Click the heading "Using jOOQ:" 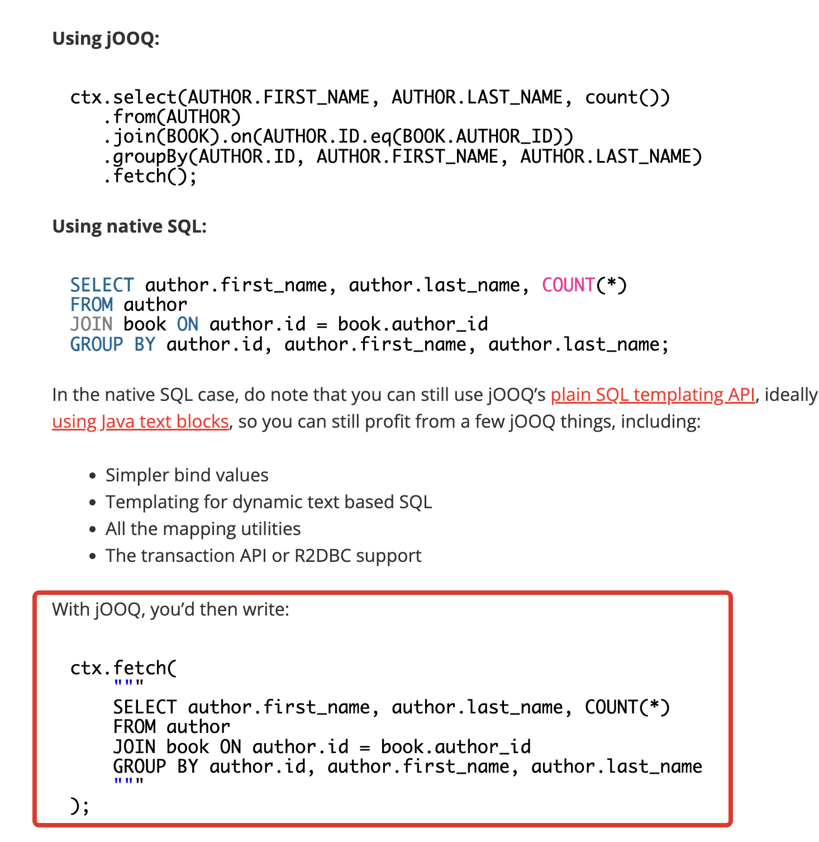[106, 39]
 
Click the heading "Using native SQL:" [129, 226]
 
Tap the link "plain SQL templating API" [653, 395]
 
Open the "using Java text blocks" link [140, 422]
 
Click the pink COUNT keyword [568, 285]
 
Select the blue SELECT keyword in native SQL [102, 285]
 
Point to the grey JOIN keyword [91, 324]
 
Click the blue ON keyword [188, 324]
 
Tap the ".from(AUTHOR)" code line [172, 117]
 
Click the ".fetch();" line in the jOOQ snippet [150, 177]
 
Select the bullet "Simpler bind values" [187, 475]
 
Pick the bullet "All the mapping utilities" [203, 529]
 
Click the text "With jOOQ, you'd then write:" [171, 609]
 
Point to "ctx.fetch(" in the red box [123, 668]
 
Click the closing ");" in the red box [79, 806]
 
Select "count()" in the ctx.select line [627, 97]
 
